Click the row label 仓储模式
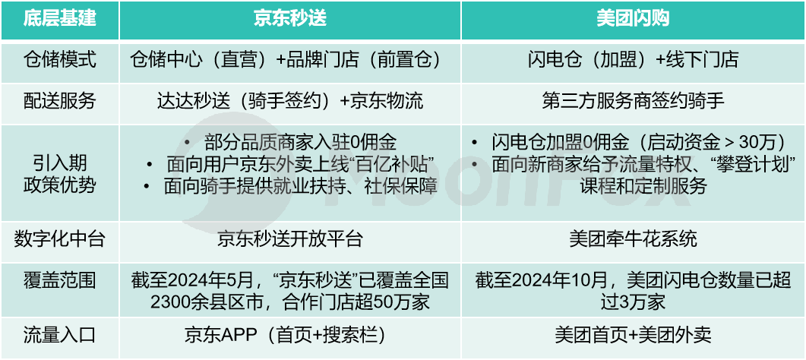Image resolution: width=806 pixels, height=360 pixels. pos(59,60)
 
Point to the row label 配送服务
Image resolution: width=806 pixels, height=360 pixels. pos(59,101)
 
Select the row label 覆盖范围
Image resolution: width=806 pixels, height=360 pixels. pos(59,281)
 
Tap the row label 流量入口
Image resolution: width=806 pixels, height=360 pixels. pos(59,336)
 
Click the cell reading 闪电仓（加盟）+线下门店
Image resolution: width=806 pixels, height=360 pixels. pos(633,60)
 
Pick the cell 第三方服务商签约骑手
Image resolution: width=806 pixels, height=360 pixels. pos(633,101)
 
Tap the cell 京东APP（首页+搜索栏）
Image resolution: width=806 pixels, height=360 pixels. pos(290,336)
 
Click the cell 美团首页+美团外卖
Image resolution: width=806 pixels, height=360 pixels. pos(633,336)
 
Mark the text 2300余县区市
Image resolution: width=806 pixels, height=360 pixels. pos(209,302)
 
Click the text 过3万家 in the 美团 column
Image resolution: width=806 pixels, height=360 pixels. pos(633,302)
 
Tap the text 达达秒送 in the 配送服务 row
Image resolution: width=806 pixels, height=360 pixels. pos(193,101)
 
